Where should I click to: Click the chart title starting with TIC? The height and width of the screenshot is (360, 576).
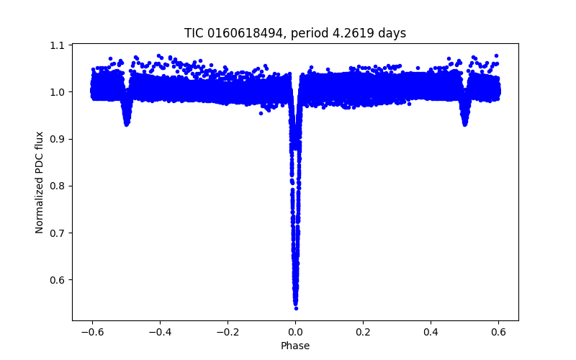[x=295, y=33]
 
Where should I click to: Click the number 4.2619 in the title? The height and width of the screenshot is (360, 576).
[x=360, y=33]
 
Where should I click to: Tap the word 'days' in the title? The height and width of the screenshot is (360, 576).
[x=392, y=33]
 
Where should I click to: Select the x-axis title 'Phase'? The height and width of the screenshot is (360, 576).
[x=295, y=346]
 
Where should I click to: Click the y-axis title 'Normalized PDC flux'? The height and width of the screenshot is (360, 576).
[x=40, y=182]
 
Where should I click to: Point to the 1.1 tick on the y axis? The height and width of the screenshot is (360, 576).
[x=58, y=45]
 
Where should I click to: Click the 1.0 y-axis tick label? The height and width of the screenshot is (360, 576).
[x=58, y=92]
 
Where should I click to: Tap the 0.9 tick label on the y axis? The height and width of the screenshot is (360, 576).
[x=58, y=139]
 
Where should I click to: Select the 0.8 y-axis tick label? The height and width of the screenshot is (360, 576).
[x=58, y=186]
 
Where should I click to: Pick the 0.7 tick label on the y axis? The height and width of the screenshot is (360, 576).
[x=58, y=233]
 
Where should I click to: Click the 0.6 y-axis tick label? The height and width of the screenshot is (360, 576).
[x=58, y=279]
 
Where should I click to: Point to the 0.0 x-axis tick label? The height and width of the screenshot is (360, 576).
[x=295, y=331]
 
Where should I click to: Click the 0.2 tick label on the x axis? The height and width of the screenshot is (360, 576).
[x=363, y=331]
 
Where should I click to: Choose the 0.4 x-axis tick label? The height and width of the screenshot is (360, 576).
[x=431, y=331]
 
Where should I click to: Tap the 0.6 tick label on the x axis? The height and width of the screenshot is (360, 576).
[x=499, y=331]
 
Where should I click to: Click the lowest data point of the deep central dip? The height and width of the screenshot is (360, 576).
[x=296, y=308]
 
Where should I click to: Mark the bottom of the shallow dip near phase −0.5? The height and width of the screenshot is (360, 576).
[x=127, y=125]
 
